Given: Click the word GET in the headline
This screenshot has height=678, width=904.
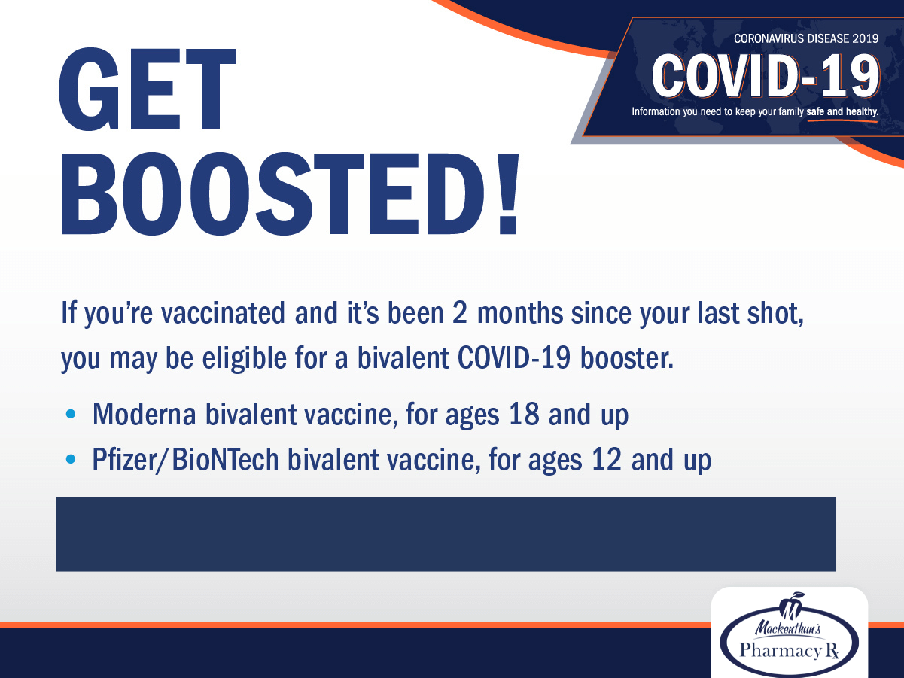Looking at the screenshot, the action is point(147,90).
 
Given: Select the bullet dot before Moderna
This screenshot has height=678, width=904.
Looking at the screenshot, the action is point(71,414).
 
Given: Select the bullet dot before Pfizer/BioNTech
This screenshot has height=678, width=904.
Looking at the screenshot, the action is point(71,458).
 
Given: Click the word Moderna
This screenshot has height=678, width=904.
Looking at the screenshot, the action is point(145,414).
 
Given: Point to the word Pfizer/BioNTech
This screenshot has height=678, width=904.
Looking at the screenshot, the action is point(185,460).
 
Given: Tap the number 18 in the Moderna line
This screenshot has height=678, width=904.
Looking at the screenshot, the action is point(524,414).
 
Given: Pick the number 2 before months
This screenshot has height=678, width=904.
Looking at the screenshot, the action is point(460,313).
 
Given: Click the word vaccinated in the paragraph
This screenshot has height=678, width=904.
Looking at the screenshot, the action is point(223,313).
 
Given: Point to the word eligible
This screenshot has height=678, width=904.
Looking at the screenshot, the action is point(244,357).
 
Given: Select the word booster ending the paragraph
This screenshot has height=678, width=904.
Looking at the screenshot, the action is point(626,357).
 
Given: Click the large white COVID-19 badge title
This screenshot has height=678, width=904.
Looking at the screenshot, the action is point(766,77).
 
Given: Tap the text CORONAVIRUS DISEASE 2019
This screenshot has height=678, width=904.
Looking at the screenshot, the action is point(806,38).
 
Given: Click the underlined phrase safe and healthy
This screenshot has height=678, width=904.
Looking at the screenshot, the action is point(842,111).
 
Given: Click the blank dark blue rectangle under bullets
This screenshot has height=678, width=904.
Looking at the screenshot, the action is point(446,534).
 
